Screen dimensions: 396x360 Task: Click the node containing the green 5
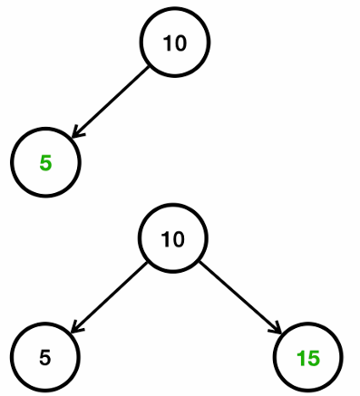click(x=45, y=164)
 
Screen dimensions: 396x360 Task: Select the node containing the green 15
click(x=308, y=358)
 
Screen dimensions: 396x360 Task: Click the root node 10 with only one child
click(x=175, y=43)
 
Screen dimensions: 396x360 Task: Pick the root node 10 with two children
click(x=172, y=240)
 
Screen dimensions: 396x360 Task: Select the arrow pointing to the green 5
click(x=110, y=101)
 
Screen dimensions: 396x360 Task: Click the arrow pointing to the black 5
click(x=109, y=296)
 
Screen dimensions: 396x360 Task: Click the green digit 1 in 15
click(x=301, y=358)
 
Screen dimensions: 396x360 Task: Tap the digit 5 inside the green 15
click(x=313, y=358)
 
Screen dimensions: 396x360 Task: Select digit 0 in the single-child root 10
click(x=180, y=43)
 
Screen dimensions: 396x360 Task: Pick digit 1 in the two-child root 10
click(x=166, y=240)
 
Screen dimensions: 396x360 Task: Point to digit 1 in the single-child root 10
click(x=169, y=43)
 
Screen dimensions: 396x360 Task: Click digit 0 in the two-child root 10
click(x=178, y=240)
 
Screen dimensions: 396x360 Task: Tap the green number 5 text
click(x=45, y=164)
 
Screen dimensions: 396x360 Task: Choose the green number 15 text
click(x=308, y=358)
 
